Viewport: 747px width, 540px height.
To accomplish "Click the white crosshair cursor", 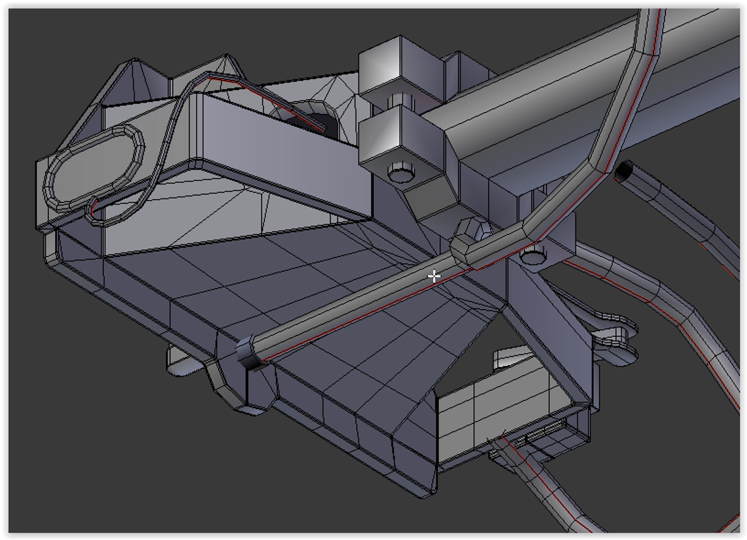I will coord(434,275).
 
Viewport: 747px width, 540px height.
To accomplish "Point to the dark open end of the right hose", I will coord(623,172).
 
